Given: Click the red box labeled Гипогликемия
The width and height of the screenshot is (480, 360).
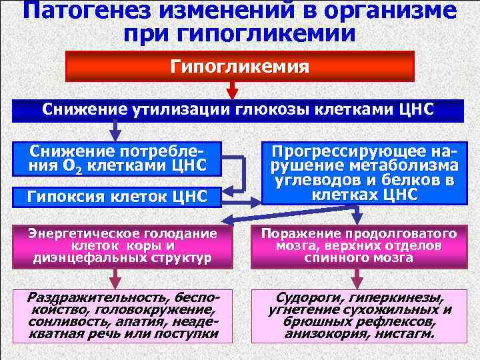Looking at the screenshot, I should coord(239,67).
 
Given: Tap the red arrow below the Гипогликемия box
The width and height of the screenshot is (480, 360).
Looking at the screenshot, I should coord(232,91).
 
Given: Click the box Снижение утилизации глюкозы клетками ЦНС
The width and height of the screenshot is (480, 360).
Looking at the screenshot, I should coord(239,110).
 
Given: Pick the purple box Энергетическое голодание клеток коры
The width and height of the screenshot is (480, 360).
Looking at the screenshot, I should coord(121,245).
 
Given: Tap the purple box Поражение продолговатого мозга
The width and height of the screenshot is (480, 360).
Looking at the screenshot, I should coord(359,245).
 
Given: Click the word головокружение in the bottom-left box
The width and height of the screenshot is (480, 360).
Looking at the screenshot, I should coord(165,310).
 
